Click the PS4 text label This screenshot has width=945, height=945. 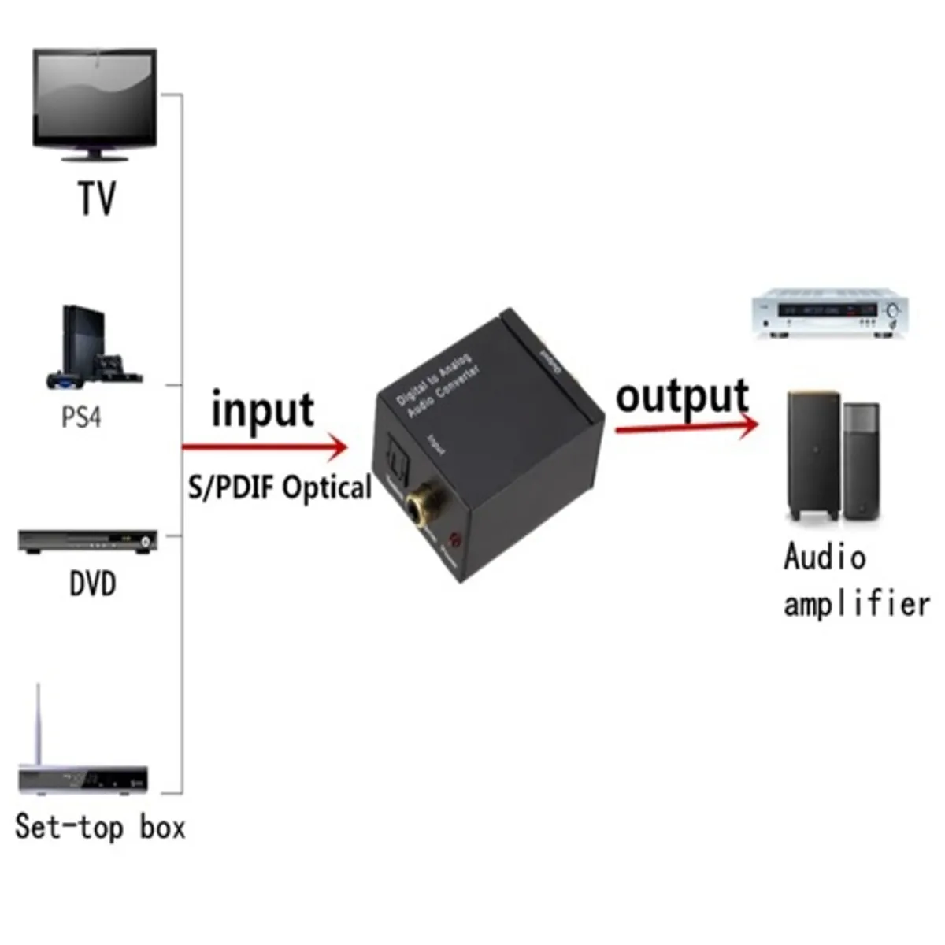click(82, 417)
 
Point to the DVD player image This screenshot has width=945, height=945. click(87, 542)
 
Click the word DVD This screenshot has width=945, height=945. click(93, 584)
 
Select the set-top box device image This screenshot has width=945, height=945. click(83, 776)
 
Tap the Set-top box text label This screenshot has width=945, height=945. click(100, 828)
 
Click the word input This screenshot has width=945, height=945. click(262, 410)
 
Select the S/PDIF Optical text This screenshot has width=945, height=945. click(280, 487)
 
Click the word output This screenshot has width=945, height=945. click(682, 396)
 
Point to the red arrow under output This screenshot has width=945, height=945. click(685, 426)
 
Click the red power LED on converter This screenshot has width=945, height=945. click(454, 541)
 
